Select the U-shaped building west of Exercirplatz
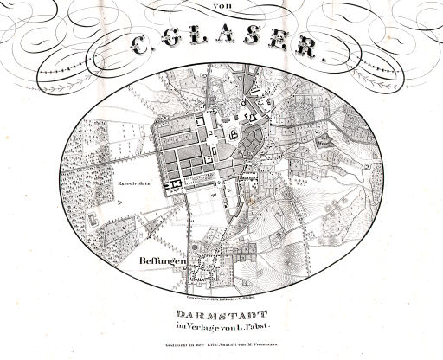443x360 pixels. point(89,222)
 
